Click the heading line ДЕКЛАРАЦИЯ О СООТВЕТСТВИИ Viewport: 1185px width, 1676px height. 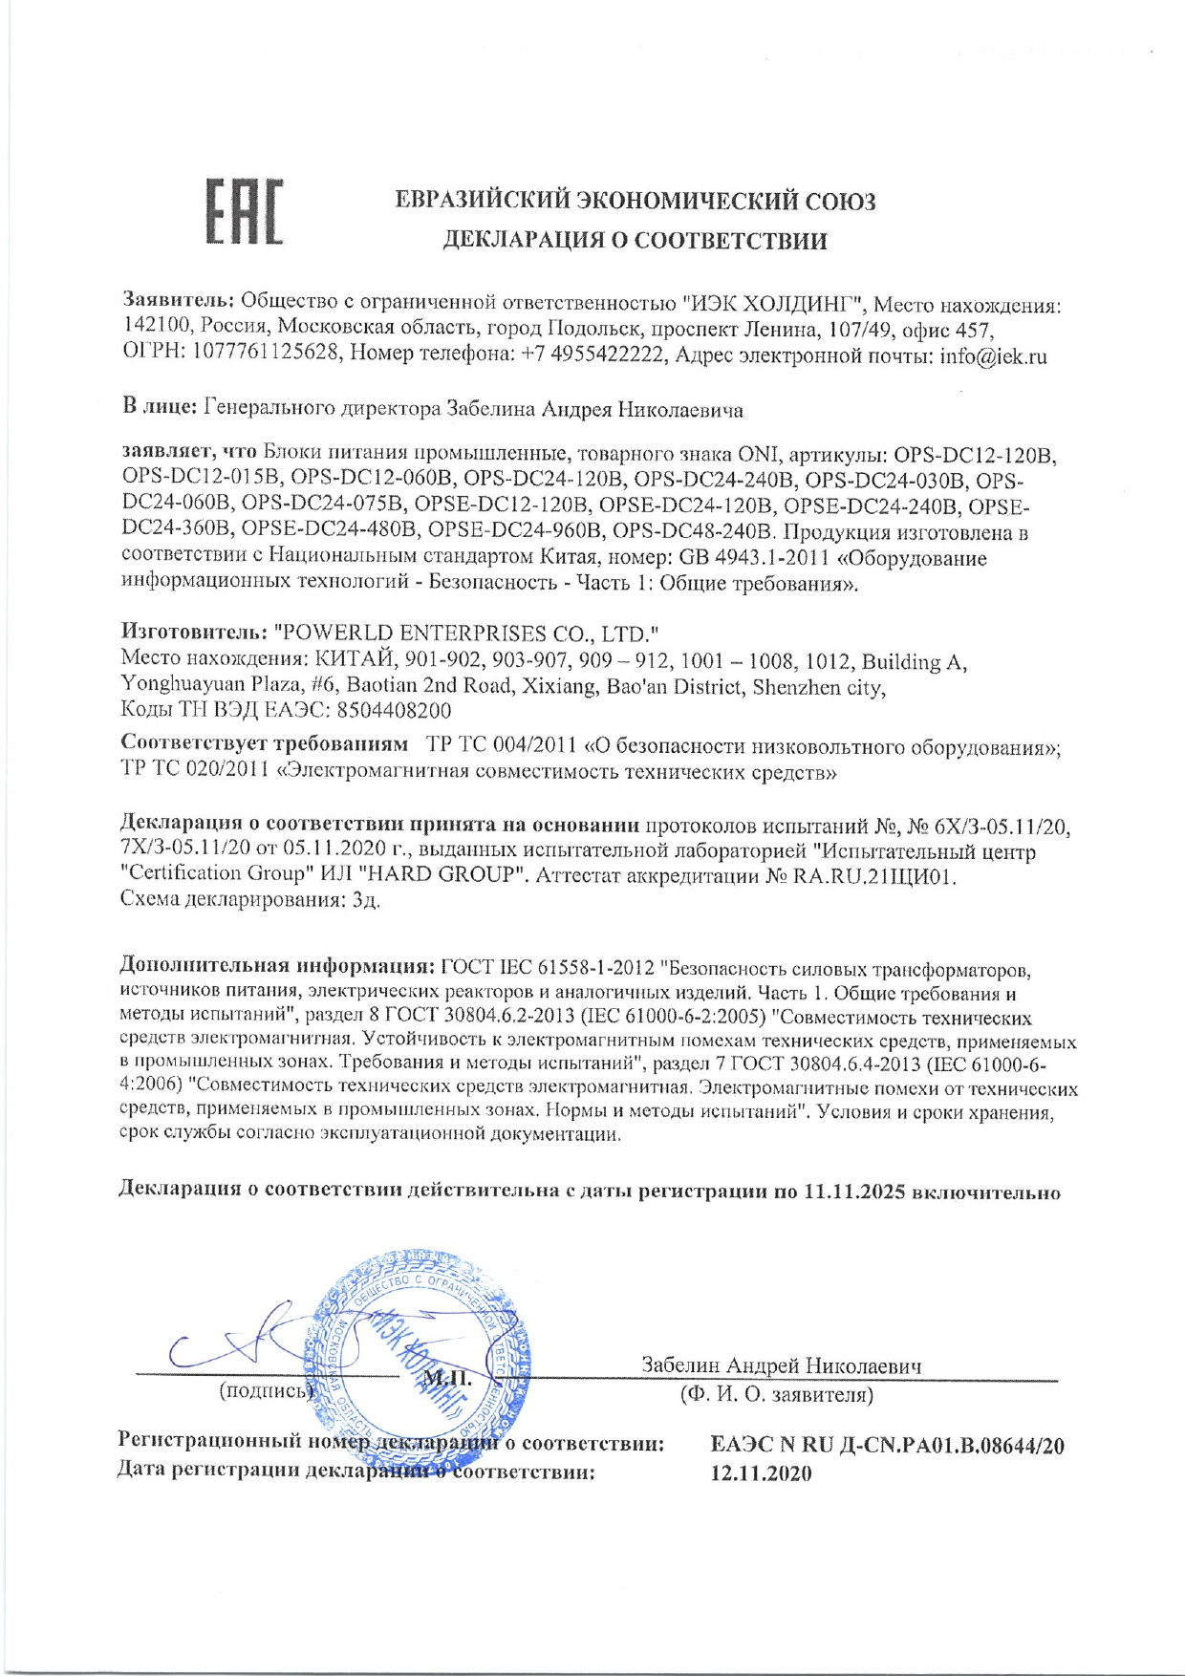tap(635, 241)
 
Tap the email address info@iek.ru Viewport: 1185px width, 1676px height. tap(994, 356)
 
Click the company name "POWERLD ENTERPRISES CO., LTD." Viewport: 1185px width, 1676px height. tap(467, 633)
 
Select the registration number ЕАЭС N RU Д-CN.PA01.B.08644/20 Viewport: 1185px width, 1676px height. tap(887, 1446)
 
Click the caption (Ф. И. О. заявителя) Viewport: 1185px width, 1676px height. tap(776, 1395)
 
